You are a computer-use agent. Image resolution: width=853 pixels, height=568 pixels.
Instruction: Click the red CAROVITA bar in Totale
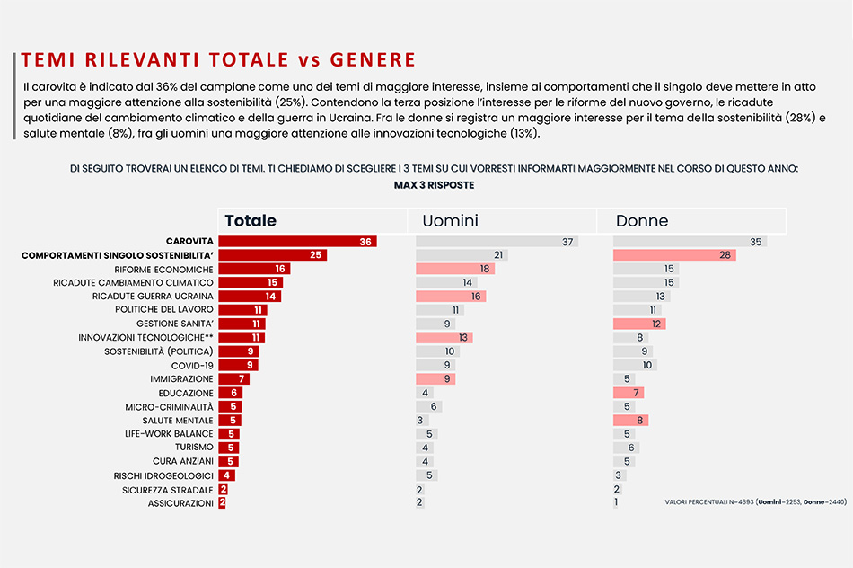[x=297, y=241]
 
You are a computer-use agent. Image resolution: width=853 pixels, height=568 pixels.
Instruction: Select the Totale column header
[x=251, y=220]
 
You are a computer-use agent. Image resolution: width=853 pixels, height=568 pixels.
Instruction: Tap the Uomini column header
[x=450, y=220]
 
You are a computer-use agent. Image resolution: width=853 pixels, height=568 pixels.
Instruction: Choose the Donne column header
[x=642, y=220]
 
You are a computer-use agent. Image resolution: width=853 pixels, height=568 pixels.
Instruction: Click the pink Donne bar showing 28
[x=674, y=255]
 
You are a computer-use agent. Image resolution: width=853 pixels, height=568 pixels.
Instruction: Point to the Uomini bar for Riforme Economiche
[x=455, y=269]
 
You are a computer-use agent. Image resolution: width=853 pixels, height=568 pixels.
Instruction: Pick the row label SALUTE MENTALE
[x=178, y=421]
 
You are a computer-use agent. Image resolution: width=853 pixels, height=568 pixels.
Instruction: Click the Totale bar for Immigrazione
[x=234, y=378]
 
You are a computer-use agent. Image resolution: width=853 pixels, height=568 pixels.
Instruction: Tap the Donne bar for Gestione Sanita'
[x=639, y=324]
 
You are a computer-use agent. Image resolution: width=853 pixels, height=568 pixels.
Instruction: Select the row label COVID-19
[x=192, y=366]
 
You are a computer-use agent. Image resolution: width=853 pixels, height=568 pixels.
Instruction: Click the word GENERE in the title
[x=373, y=59]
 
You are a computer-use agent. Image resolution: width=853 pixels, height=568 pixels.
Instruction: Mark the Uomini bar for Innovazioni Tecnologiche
[x=444, y=337]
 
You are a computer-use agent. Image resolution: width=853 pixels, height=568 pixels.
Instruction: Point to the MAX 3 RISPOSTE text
[x=434, y=185]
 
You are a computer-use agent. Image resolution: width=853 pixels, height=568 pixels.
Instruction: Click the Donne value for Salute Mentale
[x=639, y=420]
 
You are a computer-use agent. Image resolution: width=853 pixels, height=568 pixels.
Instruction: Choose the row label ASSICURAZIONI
[x=180, y=503]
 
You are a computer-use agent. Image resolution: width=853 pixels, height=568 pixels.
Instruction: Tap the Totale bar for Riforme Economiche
[x=255, y=269]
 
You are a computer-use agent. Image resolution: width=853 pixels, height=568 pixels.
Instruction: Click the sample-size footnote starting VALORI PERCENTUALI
[x=756, y=501]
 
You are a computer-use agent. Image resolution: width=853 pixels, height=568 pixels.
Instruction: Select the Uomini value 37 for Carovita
[x=567, y=242]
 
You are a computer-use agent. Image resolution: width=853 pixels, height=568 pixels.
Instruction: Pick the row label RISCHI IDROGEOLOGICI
[x=163, y=476]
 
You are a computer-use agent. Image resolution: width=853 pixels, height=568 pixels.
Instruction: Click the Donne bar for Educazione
[x=629, y=392]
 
